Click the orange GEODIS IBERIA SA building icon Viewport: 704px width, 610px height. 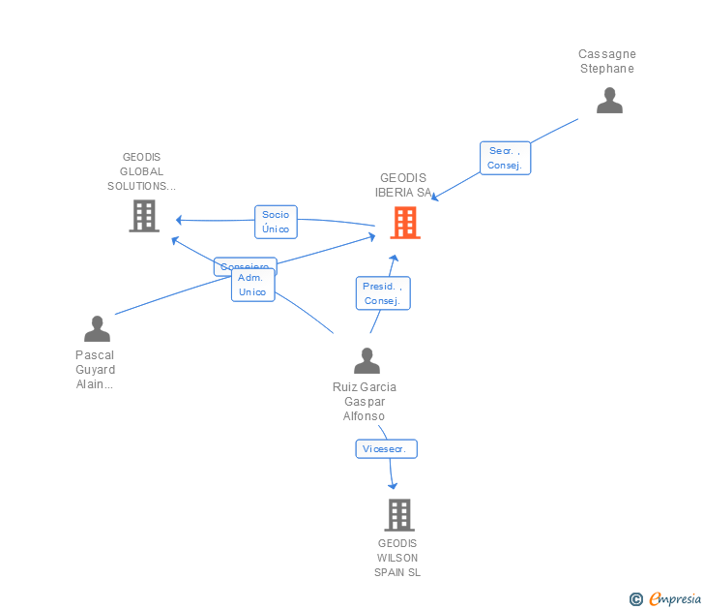click(406, 222)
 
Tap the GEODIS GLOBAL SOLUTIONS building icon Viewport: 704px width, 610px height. click(144, 216)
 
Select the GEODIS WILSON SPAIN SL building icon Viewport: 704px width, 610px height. click(399, 515)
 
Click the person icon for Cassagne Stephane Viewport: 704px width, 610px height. click(609, 101)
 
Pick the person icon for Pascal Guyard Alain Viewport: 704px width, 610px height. click(97, 329)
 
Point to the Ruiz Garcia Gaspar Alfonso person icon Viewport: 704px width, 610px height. click(367, 361)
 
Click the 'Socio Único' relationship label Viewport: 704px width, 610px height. click(276, 222)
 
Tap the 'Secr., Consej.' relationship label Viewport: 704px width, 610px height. click(505, 158)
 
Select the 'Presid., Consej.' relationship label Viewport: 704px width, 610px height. click(383, 293)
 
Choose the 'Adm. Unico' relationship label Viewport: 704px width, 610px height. click(252, 285)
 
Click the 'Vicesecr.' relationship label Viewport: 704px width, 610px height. click(386, 448)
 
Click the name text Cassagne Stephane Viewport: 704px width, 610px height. click(607, 61)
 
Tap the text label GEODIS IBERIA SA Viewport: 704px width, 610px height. click(401, 185)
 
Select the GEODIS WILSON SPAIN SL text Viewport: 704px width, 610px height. click(397, 558)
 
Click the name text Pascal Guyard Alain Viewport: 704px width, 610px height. click(95, 369)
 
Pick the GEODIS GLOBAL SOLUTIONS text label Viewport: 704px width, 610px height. click(141, 171)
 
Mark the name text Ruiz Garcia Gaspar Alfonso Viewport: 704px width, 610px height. click(365, 401)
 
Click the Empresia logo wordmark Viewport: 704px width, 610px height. click(675, 599)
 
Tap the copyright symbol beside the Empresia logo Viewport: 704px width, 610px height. click(635, 599)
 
